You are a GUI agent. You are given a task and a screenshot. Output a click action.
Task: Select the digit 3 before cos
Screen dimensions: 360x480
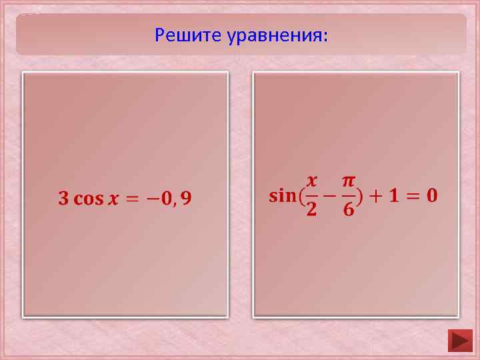pos(63,199)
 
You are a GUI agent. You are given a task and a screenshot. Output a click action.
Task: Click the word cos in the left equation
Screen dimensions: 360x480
pos(88,199)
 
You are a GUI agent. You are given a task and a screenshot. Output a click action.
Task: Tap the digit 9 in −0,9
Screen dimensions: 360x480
pos(186,199)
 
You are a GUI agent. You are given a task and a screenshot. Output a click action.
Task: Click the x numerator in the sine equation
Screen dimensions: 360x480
pos(311,181)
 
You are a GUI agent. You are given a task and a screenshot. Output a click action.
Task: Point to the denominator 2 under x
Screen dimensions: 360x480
pos(311,211)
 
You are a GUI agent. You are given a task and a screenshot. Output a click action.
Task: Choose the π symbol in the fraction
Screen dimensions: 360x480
pos(349,181)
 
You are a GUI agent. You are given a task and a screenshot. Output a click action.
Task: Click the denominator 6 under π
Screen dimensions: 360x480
pos(349,211)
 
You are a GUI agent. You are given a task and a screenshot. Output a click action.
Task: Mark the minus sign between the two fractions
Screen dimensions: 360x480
pos(329,196)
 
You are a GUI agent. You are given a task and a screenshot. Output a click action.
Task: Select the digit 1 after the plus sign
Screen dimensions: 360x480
pos(395,196)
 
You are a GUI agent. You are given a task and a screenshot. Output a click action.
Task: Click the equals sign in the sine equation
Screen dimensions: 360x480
pos(413,196)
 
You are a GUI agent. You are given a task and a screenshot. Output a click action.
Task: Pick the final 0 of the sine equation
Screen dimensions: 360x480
pos(432,196)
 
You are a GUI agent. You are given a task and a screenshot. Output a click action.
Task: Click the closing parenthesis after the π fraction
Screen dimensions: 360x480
pos(361,196)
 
